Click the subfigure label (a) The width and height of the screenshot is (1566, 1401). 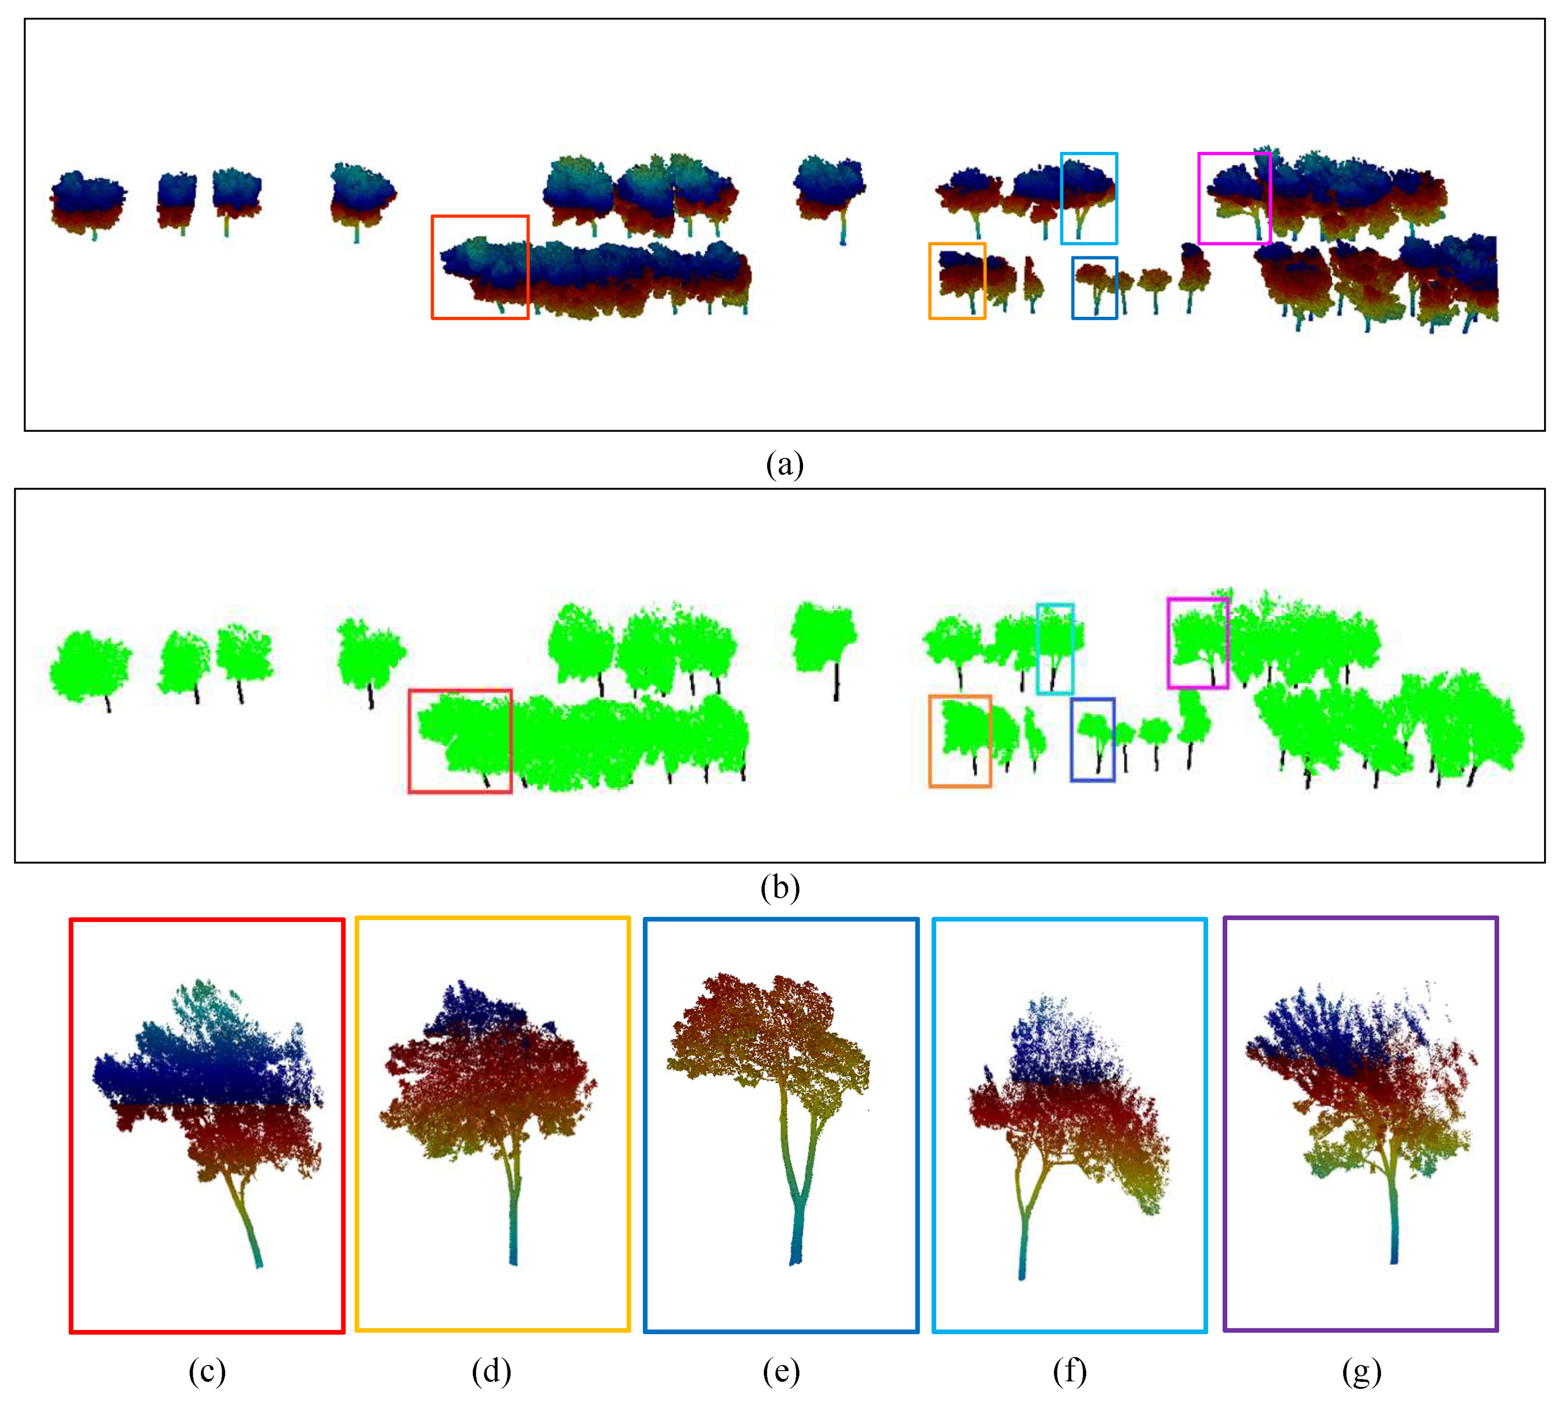pyautogui.click(x=784, y=465)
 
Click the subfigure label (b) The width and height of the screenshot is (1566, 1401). pyautogui.click(x=780, y=887)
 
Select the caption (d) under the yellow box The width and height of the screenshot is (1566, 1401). pyautogui.click(x=491, y=1371)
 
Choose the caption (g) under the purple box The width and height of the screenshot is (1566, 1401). pyautogui.click(x=1360, y=1371)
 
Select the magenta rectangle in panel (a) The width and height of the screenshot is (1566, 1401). pyautogui.click(x=1200, y=198)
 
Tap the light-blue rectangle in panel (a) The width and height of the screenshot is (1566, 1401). pyautogui.click(x=1063, y=198)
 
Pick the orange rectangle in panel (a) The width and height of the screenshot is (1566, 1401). pyautogui.click(x=930, y=281)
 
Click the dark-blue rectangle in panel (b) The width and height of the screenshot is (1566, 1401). pyautogui.click(x=1072, y=740)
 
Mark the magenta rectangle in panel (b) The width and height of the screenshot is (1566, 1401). pyautogui.click(x=1169, y=643)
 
